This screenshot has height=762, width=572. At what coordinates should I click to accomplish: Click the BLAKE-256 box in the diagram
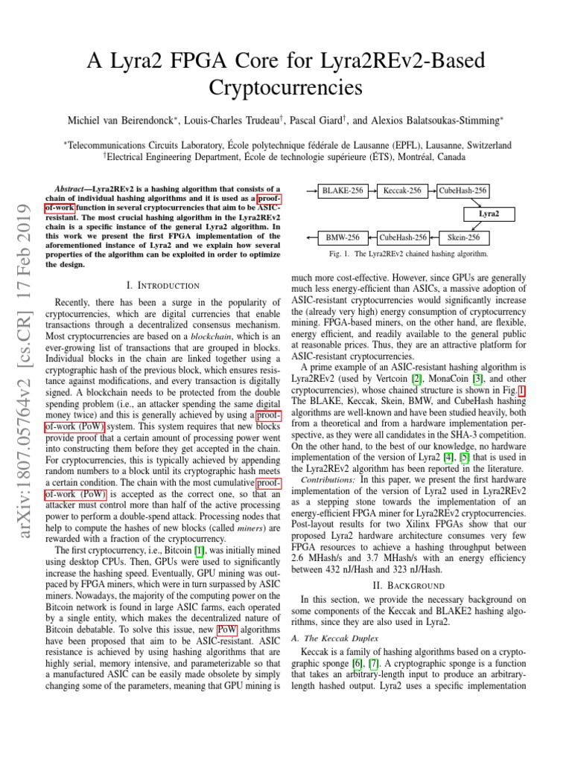(343, 191)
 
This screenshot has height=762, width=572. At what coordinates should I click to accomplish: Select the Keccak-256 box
(401, 191)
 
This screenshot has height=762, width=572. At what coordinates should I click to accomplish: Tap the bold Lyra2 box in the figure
(489, 214)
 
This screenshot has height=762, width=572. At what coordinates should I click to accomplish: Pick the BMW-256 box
(343, 238)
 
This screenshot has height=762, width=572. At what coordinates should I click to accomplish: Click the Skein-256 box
(463, 238)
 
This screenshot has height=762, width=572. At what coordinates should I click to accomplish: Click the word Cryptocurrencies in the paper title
(286, 88)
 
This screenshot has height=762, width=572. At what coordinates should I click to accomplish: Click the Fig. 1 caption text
(403, 254)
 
